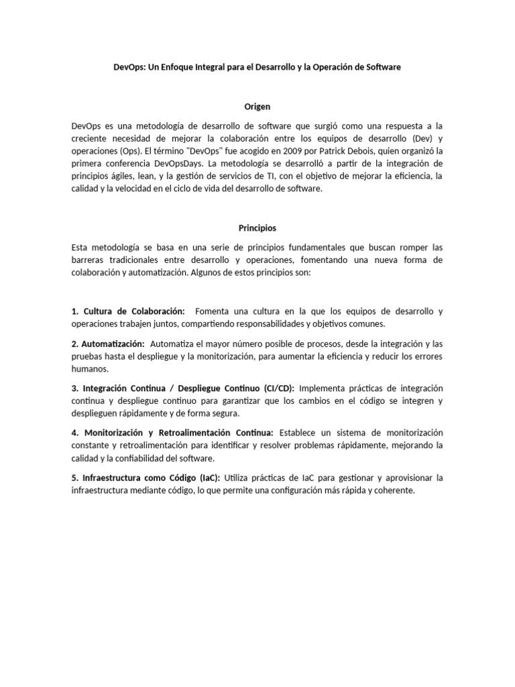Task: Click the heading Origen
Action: click(x=257, y=106)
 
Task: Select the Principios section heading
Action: click(x=257, y=227)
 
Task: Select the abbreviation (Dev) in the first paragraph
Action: click(x=416, y=138)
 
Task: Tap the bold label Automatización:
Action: click(x=111, y=343)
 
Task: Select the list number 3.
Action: click(x=74, y=388)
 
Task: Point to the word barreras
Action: click(x=88, y=260)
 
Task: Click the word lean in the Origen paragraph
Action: click(x=146, y=176)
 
